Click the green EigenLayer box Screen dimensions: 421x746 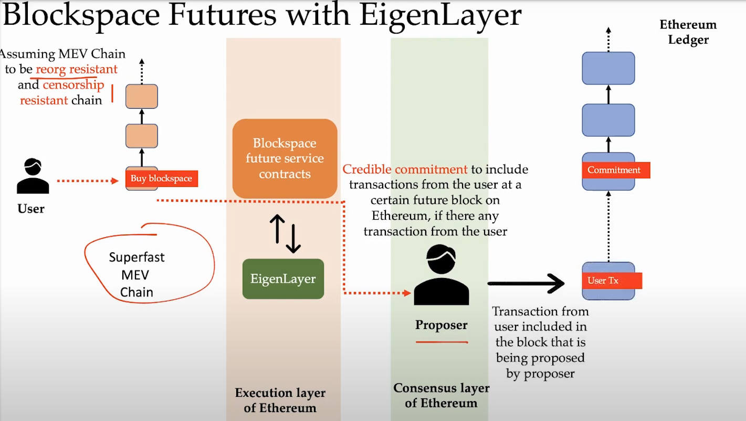point(283,279)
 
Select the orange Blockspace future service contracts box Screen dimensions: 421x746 point(285,158)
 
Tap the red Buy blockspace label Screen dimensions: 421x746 point(161,179)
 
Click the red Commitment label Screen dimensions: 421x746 point(614,170)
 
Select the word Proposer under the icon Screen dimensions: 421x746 point(441,325)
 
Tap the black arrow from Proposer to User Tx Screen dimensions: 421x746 point(525,283)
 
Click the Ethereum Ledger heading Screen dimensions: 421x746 point(688,32)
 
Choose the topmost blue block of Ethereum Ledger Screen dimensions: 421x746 point(608,68)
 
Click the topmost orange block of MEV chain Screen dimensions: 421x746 point(142,96)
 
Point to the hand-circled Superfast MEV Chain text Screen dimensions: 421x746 point(136,275)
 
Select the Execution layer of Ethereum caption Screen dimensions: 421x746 point(280,400)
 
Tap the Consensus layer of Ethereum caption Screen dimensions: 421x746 point(441,395)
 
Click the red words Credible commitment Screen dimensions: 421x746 point(405,169)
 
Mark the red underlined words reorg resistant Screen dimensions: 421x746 point(77,69)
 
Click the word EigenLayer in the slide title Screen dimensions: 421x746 point(440,16)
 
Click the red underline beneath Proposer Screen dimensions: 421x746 point(442,342)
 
